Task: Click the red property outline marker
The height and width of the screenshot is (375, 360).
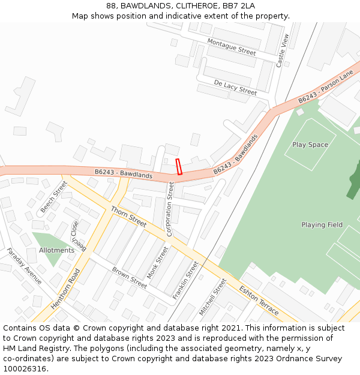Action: click(178, 166)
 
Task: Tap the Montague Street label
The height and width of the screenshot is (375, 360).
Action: click(232, 47)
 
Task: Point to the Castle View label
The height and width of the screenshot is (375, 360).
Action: click(283, 50)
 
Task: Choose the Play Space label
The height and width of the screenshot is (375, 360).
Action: click(310, 145)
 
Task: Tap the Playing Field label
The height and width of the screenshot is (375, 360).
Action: click(322, 225)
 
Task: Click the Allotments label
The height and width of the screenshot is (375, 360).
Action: click(56, 250)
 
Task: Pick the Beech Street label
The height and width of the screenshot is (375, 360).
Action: click(54, 197)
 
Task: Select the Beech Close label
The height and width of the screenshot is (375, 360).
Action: click(79, 236)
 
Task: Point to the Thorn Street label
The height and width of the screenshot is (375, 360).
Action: click(128, 217)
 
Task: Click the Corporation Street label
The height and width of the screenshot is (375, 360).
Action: click(170, 209)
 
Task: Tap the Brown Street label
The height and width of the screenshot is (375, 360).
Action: click(130, 278)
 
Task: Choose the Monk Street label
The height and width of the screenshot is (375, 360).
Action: click(158, 263)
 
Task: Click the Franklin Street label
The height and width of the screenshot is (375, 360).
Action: click(185, 280)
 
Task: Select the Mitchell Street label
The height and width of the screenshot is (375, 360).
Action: click(213, 297)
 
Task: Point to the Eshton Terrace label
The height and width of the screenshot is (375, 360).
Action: click(259, 300)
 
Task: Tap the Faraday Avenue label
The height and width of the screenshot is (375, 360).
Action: click(25, 266)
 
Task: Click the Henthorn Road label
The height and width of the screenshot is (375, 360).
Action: click(65, 289)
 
